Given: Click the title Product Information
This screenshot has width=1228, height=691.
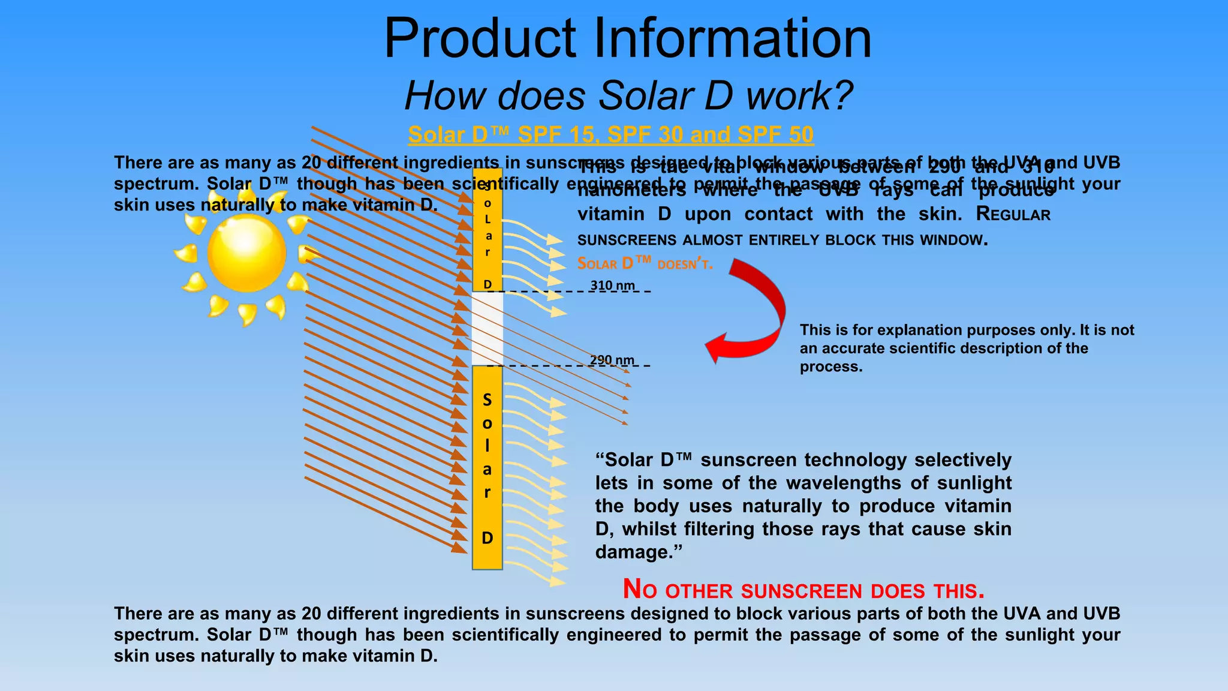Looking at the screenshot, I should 627,38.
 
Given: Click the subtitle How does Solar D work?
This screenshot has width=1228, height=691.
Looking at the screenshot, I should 628,96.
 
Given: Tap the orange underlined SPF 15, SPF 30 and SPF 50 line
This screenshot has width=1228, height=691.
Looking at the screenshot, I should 610,135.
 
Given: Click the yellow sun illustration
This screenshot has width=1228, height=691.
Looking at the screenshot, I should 246,254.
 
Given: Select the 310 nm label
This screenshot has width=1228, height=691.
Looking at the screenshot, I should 612,286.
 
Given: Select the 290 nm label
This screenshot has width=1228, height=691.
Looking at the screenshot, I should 612,360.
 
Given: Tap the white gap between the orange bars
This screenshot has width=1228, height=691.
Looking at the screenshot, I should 487,328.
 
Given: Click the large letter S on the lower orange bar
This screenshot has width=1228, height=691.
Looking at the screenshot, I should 487,400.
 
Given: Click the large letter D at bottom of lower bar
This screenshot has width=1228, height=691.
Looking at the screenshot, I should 487,538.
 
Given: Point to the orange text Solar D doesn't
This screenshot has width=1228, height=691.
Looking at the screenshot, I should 645,264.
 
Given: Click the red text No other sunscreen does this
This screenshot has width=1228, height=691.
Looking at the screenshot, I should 803,590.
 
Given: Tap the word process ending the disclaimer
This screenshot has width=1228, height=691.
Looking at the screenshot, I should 830,367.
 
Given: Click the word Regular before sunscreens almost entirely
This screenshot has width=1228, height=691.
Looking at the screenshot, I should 1013,214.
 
